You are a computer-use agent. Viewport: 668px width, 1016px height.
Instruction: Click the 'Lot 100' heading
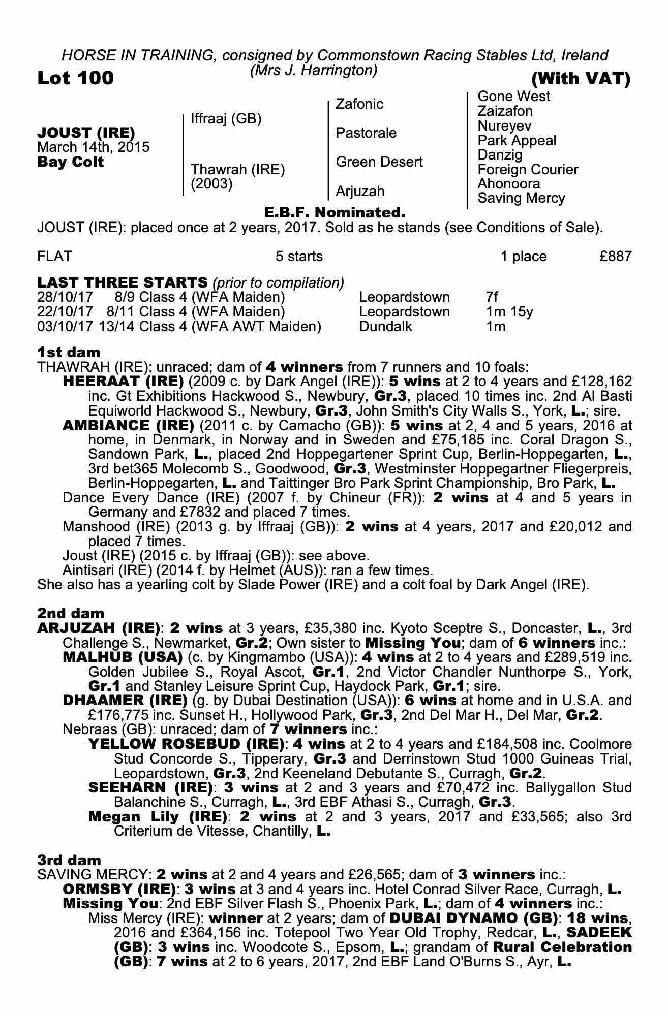point(76,78)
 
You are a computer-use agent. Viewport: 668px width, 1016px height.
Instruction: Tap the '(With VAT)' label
point(581,79)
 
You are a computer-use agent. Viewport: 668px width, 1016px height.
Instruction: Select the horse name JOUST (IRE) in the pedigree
point(86,133)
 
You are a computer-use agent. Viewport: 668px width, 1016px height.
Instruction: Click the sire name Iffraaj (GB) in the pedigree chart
point(226,119)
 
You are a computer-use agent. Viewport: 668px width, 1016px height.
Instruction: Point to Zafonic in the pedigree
point(359,104)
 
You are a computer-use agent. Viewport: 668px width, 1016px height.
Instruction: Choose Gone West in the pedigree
point(513,97)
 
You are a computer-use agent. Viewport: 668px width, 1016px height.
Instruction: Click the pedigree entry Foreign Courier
point(528,169)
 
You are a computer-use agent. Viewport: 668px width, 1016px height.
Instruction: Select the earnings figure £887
point(615,256)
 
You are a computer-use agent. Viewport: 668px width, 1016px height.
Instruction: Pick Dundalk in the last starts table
point(385,326)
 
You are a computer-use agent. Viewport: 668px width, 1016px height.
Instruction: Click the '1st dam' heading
point(69,352)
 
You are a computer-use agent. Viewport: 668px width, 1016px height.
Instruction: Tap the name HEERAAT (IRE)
point(123,381)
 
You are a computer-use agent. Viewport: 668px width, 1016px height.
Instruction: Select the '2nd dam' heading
point(71,613)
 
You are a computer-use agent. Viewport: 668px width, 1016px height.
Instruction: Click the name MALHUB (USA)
point(122,657)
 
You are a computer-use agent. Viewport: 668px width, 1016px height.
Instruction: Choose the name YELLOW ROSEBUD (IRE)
point(186,744)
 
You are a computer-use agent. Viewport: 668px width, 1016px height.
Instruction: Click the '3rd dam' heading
point(69,860)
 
